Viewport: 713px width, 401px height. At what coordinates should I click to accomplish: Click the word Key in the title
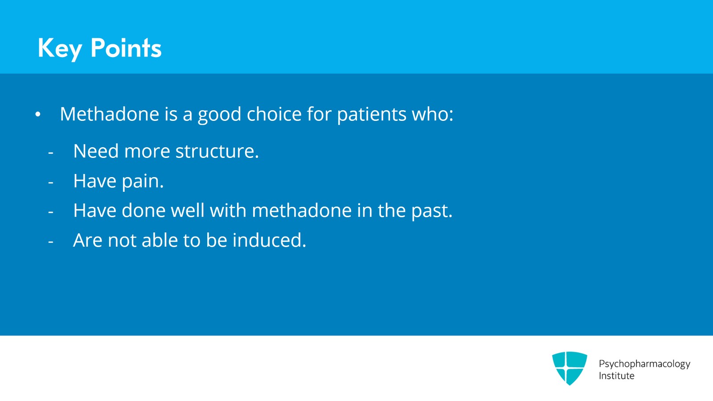tap(60, 48)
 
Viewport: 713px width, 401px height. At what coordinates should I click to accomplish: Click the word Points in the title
tap(126, 48)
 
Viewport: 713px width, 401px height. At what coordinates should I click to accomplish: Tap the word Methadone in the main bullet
tap(109, 114)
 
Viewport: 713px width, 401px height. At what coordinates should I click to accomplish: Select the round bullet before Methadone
tap(38, 115)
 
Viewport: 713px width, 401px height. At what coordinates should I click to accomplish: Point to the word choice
tap(274, 114)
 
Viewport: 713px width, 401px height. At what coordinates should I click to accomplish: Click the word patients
tap(372, 114)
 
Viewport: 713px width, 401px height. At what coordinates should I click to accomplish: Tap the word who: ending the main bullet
tap(432, 114)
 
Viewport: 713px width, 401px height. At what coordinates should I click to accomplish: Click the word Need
tap(96, 152)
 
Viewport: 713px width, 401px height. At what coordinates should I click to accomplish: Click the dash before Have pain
tap(51, 182)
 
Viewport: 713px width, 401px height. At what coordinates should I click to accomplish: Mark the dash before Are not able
tap(51, 242)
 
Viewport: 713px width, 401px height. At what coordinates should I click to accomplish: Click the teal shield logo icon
tap(569, 368)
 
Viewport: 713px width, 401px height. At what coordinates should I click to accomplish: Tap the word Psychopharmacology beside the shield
tap(644, 364)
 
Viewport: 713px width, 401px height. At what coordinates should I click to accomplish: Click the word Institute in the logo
tap(616, 376)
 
